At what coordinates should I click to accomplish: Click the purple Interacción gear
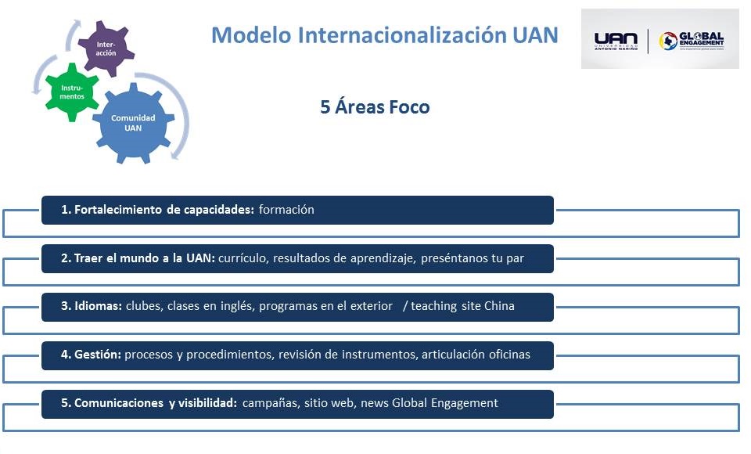point(106,48)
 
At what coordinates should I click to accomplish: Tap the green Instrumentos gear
point(73,92)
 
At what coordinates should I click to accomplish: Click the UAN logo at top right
point(616,41)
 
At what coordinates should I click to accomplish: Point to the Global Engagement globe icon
point(667,41)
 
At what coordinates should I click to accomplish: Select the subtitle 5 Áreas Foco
point(375,107)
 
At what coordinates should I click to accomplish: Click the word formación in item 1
point(286,210)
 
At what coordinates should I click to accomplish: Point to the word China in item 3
point(499,306)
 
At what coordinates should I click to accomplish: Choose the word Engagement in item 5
point(462,403)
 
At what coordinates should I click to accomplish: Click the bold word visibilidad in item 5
point(207,403)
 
